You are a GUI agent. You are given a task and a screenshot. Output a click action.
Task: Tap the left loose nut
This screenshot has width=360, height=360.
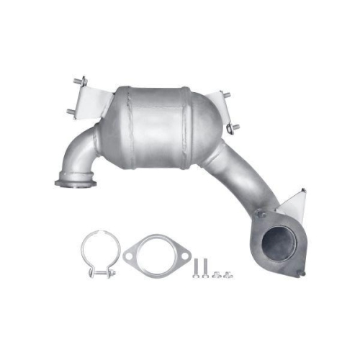pos(217,274)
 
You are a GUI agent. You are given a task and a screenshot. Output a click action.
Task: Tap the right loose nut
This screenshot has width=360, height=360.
pos(227,274)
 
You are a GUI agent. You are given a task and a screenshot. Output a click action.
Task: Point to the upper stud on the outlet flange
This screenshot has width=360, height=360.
pos(259,214)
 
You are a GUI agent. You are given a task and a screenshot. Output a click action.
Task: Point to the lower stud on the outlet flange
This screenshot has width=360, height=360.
pos(300,271)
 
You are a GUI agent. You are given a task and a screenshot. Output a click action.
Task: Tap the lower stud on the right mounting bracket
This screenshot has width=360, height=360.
pos(233,127)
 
